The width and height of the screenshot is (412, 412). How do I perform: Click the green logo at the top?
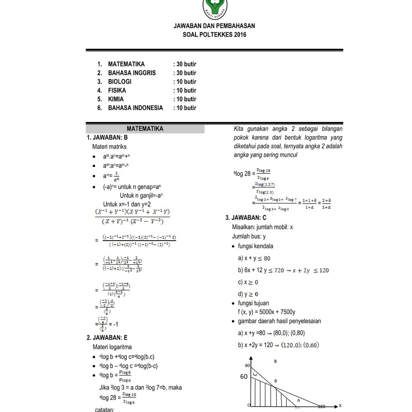point(214,7)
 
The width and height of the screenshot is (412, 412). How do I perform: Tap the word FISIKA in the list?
point(117,91)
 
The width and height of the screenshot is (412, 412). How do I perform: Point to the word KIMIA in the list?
point(116,99)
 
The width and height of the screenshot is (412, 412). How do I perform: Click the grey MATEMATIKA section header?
point(145,129)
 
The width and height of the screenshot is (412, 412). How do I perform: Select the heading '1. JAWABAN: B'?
point(107,138)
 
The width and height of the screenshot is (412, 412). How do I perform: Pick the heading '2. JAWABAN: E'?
point(107,338)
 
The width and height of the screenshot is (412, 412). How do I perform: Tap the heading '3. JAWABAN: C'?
point(246,218)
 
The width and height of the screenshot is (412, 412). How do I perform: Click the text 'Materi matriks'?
point(109,147)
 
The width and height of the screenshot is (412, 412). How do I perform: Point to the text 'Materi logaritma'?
point(112,347)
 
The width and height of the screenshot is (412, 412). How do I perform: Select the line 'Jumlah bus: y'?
point(249,237)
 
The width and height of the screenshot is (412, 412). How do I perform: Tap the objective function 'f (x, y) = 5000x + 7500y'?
point(267,312)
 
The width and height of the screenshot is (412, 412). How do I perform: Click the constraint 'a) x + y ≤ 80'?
point(254,258)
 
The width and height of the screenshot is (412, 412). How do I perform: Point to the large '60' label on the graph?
point(244,377)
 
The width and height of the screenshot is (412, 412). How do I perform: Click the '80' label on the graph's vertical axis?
point(247,365)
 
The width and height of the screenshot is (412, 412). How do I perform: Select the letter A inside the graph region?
point(299,401)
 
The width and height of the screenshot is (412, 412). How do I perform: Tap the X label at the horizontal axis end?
point(340,406)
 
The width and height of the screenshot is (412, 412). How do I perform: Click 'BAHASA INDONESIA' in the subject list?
point(136,108)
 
